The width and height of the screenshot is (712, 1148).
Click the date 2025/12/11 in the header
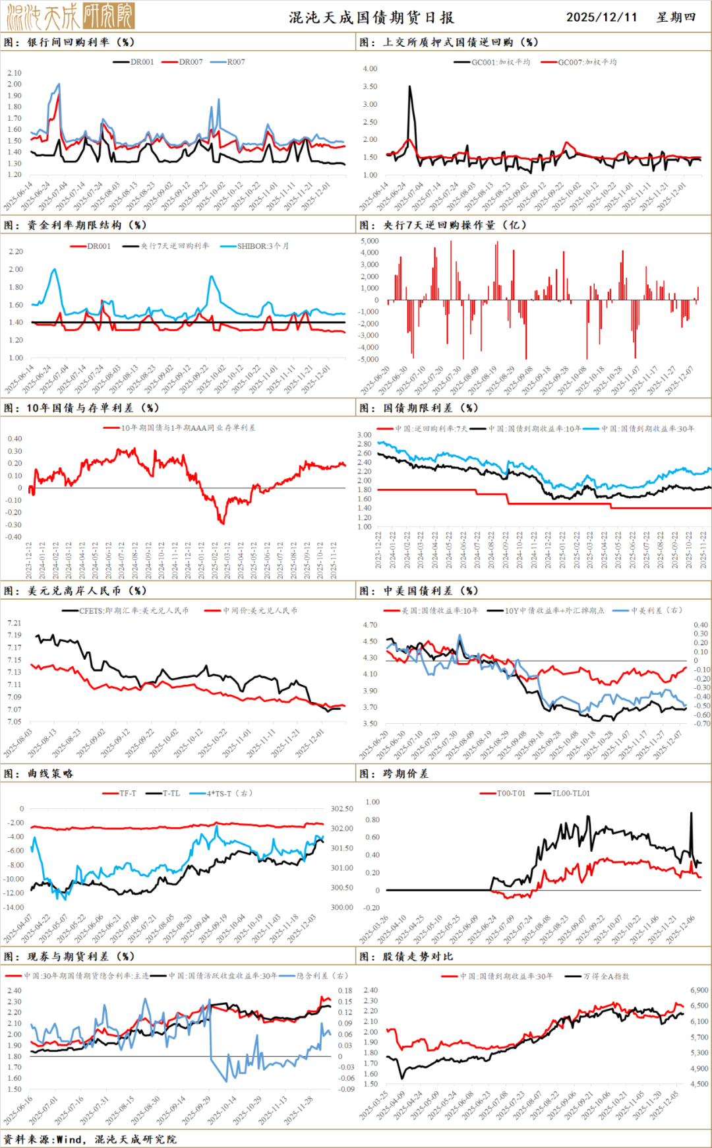tap(601, 17)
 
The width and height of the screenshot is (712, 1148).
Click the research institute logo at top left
tap(70, 16)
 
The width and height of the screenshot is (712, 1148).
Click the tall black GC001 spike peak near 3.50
tap(410, 86)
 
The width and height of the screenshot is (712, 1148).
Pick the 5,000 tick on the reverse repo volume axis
tap(370, 241)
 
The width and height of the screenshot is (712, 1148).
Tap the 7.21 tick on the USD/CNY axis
tap(14, 623)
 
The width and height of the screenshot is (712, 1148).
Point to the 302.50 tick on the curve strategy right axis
tap(341, 808)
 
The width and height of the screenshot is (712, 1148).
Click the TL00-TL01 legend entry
tap(570, 793)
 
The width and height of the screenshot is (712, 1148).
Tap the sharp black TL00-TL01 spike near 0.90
tap(691, 813)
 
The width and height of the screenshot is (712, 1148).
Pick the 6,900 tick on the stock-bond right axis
tap(699, 990)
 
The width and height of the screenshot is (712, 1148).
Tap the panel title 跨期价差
tap(405, 773)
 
